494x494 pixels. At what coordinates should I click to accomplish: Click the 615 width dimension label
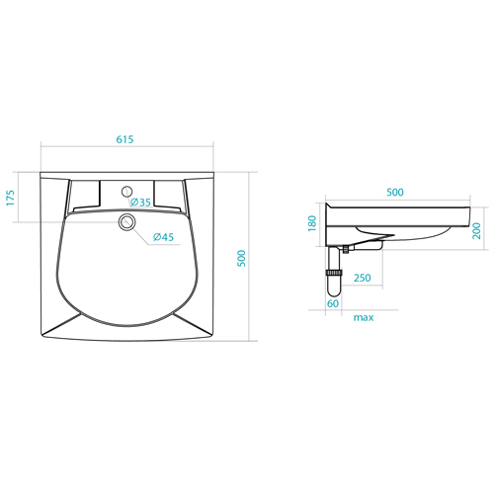(124, 139)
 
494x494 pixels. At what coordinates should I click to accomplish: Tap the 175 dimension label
(11, 198)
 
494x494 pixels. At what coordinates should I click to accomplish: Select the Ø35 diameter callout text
(140, 203)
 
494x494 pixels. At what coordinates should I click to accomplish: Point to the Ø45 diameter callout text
(163, 237)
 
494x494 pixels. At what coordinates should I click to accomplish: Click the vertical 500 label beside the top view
(242, 259)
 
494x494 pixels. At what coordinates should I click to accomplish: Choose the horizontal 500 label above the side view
(395, 192)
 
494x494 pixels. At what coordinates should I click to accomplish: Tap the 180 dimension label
(312, 223)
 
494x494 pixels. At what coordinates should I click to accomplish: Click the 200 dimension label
(476, 231)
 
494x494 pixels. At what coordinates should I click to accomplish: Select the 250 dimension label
(363, 278)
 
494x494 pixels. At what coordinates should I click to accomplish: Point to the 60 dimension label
(333, 303)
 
